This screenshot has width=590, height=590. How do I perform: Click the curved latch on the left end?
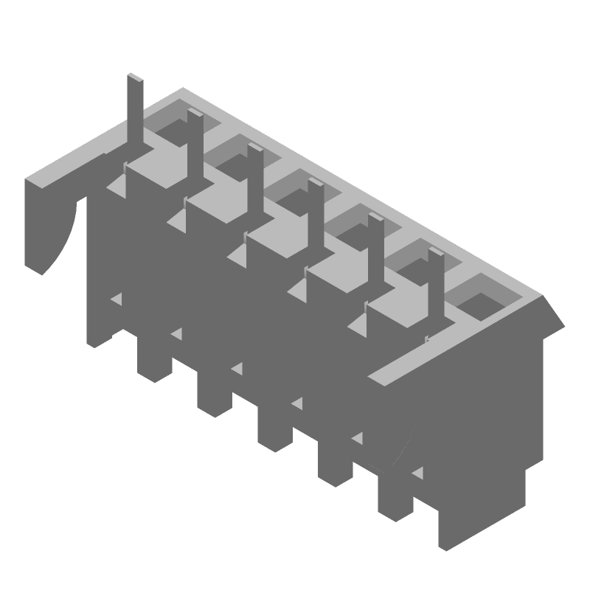[x=52, y=221]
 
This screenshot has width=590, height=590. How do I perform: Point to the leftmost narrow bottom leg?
[x=153, y=361]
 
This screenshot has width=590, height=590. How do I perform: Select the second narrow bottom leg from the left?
[x=214, y=395]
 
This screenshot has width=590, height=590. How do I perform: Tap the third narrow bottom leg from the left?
[x=274, y=428]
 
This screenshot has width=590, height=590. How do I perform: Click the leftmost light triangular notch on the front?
[x=117, y=299]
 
